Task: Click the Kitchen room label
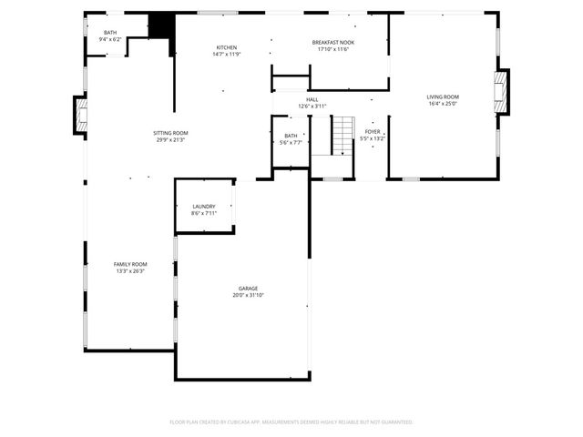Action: point(227,47)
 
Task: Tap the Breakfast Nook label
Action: point(332,42)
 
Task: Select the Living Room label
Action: point(443,97)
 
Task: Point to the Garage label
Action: point(249,289)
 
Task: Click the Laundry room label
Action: point(203,207)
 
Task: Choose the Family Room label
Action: point(130,264)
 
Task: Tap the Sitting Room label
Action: point(170,133)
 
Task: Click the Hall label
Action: point(312,99)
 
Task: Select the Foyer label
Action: point(373,132)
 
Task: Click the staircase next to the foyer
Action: point(342,135)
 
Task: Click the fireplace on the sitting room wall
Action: point(80,115)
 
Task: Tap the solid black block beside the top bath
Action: point(161,25)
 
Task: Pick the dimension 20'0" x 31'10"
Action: point(249,295)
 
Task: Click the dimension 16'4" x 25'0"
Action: point(443,104)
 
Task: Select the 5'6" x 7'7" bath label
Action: point(290,139)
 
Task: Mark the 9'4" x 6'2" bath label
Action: point(109,36)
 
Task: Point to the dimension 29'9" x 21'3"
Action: point(170,140)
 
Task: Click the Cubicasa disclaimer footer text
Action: point(291,422)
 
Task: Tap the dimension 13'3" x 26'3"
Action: point(130,270)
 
